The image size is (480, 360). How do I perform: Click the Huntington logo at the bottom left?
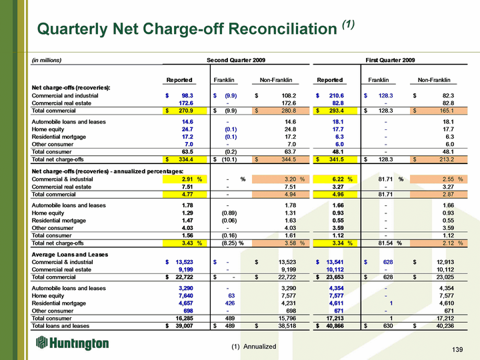click(72, 343)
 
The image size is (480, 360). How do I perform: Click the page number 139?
click(457, 349)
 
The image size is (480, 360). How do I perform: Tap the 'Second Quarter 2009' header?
click(236, 60)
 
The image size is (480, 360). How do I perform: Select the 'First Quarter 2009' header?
click(390, 60)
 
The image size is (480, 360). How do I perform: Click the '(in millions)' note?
click(47, 60)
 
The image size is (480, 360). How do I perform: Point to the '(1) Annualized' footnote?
click(254, 347)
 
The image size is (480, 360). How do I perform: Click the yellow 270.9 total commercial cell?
click(185, 111)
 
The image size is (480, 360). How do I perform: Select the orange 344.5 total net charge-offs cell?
click(281, 159)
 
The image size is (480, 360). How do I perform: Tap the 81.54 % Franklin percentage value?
click(390, 243)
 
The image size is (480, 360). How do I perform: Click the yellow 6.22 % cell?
click(335, 179)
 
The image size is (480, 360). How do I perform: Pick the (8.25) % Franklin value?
click(233, 243)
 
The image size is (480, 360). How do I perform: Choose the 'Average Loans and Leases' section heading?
click(70, 255)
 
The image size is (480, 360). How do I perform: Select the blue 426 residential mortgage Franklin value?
click(229, 303)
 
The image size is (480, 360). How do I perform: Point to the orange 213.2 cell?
click(439, 159)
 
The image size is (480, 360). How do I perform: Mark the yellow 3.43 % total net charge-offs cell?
click(185, 243)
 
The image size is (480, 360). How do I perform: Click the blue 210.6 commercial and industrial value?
click(337, 96)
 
